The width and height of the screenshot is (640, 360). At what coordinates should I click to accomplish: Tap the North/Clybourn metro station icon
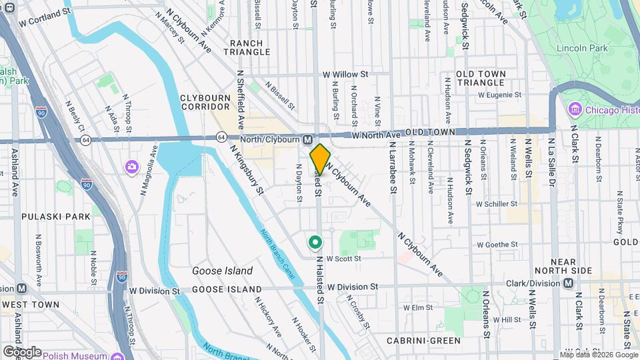(x=307, y=139)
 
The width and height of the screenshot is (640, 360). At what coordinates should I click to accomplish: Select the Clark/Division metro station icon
(x=568, y=283)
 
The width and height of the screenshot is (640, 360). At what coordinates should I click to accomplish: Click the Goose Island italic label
(x=222, y=271)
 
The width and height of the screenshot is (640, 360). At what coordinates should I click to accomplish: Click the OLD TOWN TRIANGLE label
(x=481, y=78)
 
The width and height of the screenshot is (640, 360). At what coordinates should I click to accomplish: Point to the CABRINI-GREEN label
(x=423, y=341)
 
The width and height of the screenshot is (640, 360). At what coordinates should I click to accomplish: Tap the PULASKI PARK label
(x=46, y=217)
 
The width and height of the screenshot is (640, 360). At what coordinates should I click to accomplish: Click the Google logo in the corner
(x=21, y=351)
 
